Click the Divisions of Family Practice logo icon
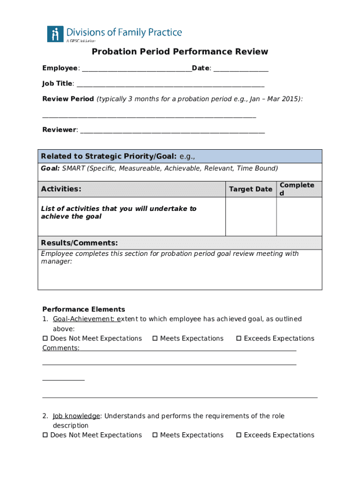(x=55, y=34)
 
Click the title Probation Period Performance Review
(x=180, y=51)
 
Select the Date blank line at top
(x=241, y=69)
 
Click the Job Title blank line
(x=171, y=84)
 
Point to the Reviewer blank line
(x=173, y=130)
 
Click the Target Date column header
(x=251, y=189)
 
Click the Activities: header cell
(x=61, y=189)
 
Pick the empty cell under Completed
(x=299, y=217)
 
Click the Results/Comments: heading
(x=79, y=243)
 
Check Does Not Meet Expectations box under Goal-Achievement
(x=45, y=338)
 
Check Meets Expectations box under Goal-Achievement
(x=155, y=338)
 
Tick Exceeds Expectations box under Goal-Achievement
(x=239, y=338)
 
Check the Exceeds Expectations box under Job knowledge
(x=239, y=435)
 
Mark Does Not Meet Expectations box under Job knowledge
(x=45, y=435)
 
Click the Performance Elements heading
(x=84, y=309)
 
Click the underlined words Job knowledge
(x=76, y=416)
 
